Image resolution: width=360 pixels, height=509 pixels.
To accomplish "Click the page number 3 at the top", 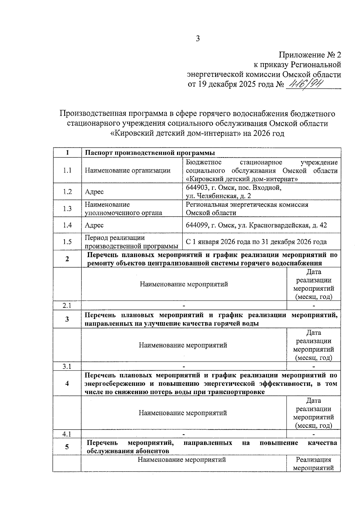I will click(x=197, y=38).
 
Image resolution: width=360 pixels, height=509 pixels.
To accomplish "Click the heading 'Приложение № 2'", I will click(x=310, y=55).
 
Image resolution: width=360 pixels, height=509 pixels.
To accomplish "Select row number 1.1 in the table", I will click(x=67, y=170).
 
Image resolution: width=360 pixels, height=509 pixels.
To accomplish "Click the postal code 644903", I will click(x=197, y=188).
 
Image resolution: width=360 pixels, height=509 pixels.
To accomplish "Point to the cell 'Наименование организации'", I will click(x=127, y=170).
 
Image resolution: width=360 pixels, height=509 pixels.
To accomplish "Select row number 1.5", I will click(x=67, y=242).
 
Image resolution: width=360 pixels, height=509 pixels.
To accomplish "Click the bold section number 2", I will click(x=67, y=259).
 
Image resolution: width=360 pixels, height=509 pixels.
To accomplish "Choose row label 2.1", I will click(x=67, y=305).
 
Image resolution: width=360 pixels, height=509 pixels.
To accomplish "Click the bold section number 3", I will click(x=67, y=319).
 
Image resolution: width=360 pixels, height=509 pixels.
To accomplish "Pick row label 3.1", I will click(x=67, y=366).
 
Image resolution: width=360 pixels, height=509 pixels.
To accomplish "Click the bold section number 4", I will click(x=67, y=383).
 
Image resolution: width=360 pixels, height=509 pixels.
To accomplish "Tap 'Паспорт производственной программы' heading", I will click(x=150, y=153).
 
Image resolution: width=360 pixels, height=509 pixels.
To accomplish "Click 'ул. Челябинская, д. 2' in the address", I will click(x=218, y=196).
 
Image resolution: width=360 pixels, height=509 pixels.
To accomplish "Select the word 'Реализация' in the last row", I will click(x=313, y=460).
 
